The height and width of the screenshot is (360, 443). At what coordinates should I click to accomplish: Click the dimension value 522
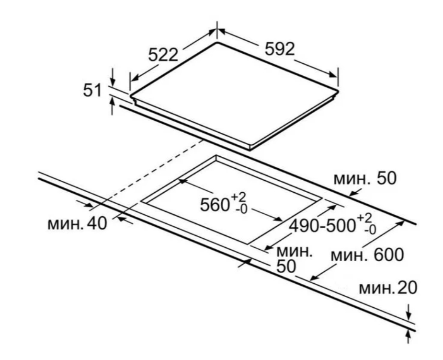162,54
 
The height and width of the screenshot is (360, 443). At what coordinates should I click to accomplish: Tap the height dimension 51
92,90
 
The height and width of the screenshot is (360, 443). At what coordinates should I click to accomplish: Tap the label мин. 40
77,223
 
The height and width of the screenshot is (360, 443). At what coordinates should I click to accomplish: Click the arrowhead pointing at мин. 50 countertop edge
352,194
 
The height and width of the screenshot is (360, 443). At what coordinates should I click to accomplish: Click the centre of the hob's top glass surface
235,93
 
